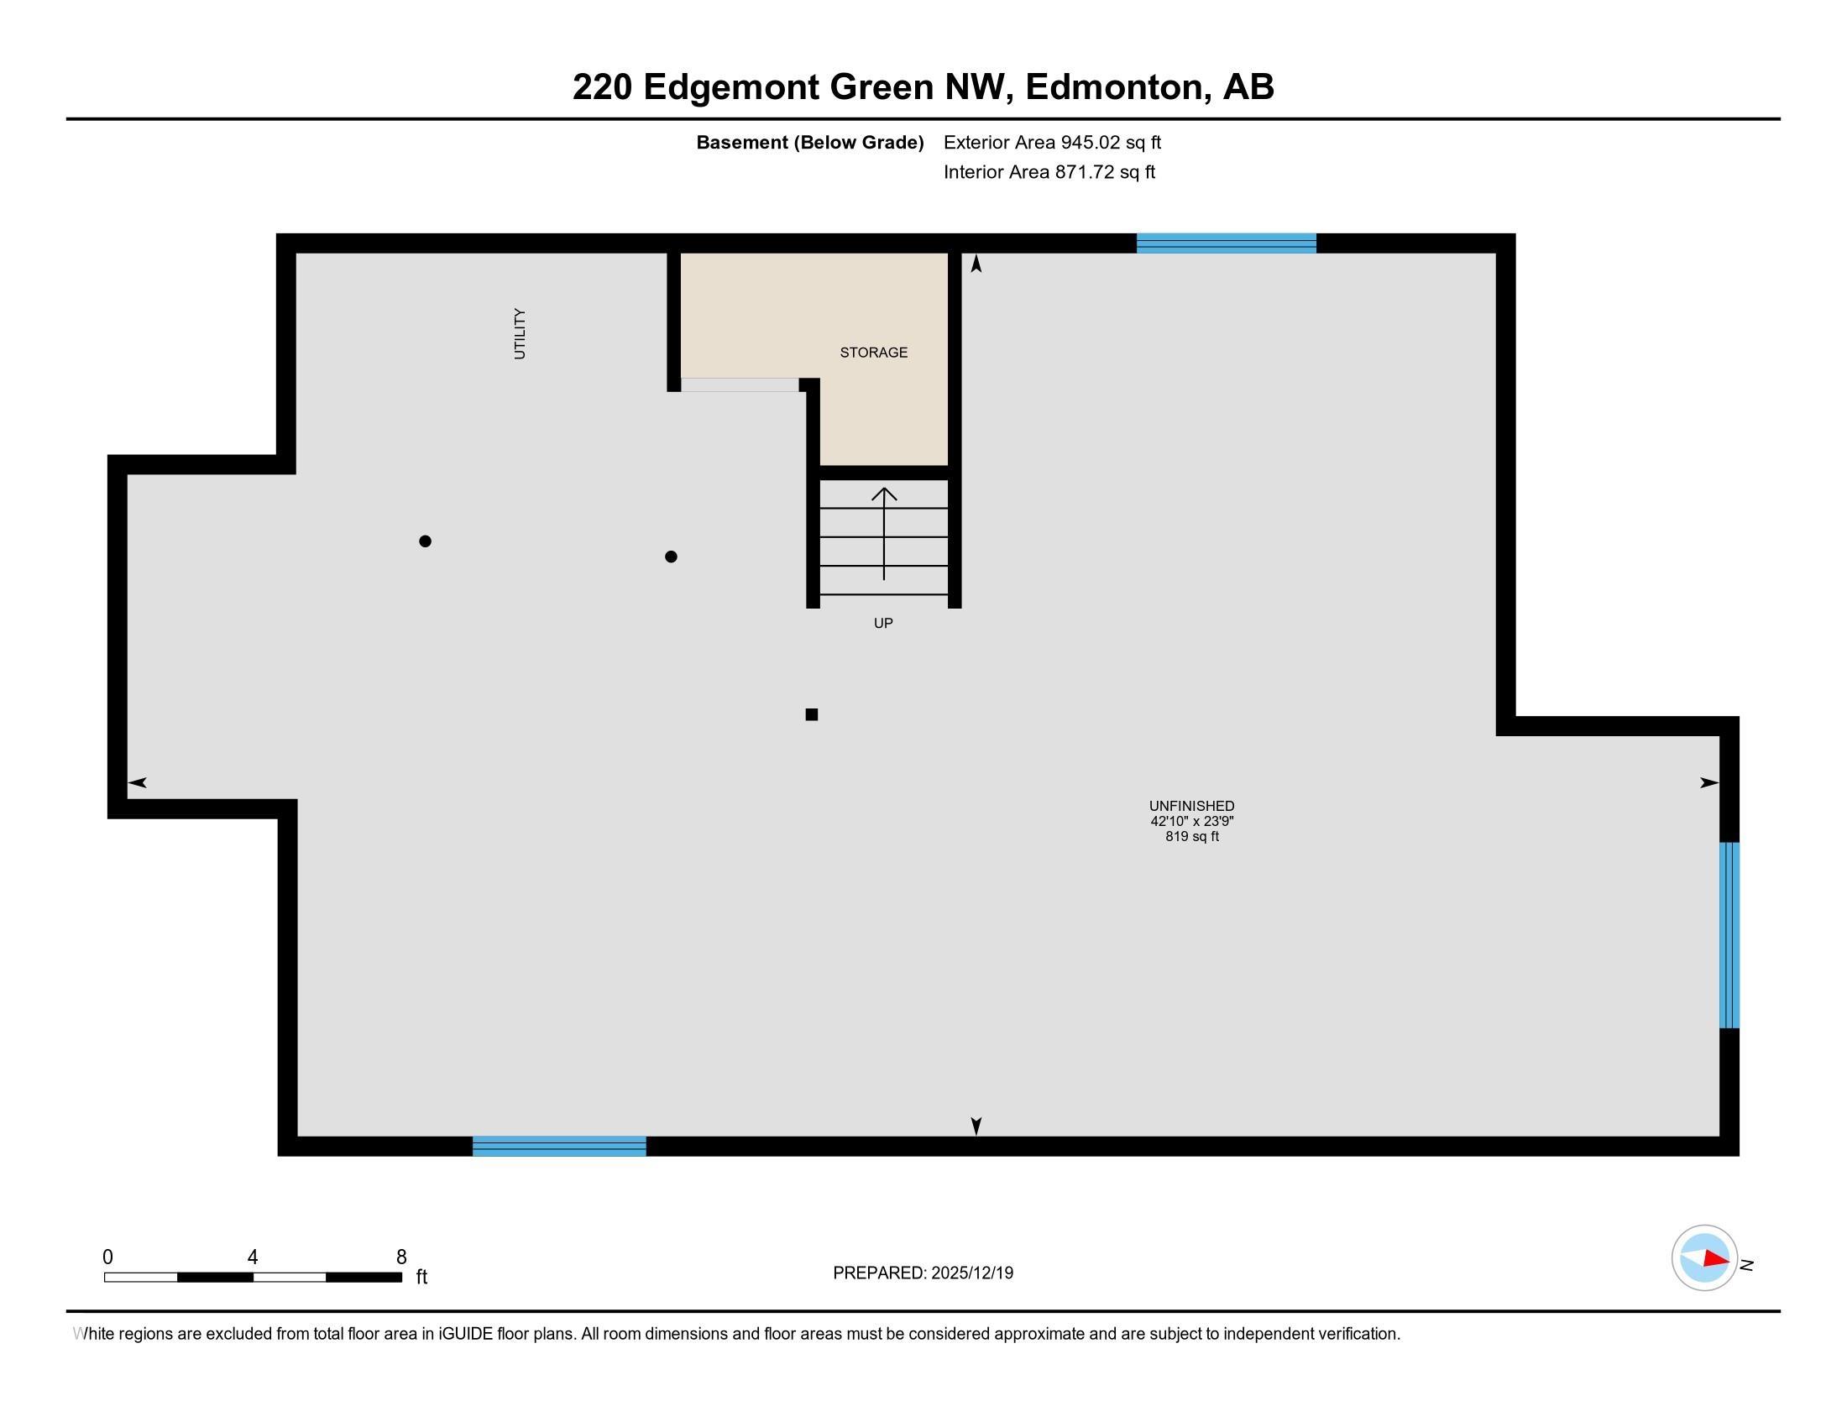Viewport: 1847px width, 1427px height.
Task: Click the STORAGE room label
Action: point(873,353)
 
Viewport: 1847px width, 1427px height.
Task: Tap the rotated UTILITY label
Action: point(519,334)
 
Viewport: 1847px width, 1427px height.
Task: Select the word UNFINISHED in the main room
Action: point(1190,806)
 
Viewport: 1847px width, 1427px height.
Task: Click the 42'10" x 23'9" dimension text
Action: point(1190,821)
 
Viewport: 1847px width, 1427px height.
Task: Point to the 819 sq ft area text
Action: point(1190,836)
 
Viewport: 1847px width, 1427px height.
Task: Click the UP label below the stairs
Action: point(882,623)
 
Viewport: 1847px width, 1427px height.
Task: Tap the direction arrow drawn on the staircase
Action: point(884,532)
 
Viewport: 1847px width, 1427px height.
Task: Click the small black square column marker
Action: point(811,714)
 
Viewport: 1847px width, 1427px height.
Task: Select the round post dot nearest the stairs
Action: point(671,557)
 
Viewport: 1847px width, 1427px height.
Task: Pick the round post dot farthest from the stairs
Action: point(426,541)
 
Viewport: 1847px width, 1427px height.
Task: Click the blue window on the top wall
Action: point(1226,243)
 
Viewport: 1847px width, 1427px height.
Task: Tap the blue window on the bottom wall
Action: point(559,1147)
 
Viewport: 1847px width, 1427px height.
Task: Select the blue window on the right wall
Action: point(1729,935)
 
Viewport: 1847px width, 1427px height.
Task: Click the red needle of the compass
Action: point(1715,1259)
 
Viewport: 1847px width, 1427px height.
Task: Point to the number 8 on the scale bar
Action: point(400,1257)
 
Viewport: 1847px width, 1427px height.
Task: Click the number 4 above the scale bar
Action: point(252,1257)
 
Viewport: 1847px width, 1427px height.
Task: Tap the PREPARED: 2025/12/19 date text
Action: point(923,1273)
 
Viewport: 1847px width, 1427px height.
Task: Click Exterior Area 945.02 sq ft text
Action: point(1052,142)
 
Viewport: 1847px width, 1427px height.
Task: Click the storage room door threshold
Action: point(739,384)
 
